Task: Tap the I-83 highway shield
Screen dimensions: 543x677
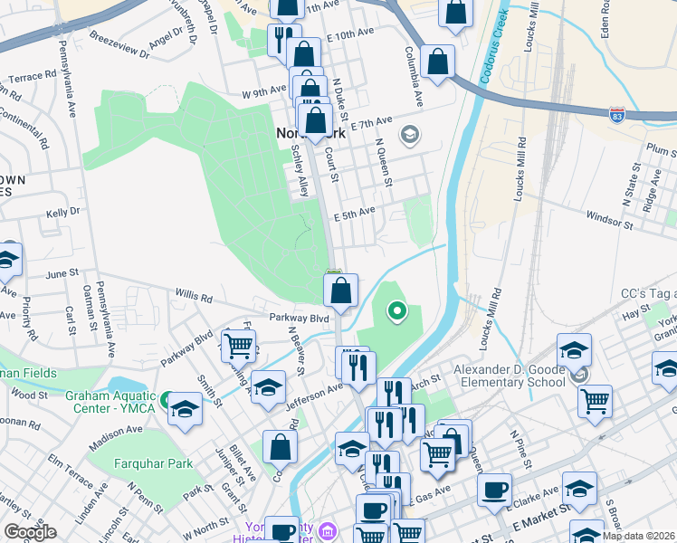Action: coord(616,115)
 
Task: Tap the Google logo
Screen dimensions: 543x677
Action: coord(30,532)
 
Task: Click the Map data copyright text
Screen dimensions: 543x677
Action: coord(639,536)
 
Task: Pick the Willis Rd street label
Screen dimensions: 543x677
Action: coord(194,296)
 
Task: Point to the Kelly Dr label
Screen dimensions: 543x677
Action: coord(63,212)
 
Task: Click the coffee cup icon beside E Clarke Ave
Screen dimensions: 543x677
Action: coord(494,490)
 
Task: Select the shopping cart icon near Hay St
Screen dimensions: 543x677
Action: coord(595,400)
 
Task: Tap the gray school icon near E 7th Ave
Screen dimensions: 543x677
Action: coord(410,135)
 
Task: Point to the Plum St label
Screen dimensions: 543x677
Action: coord(660,150)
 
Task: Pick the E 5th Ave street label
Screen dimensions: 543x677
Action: coord(354,214)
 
